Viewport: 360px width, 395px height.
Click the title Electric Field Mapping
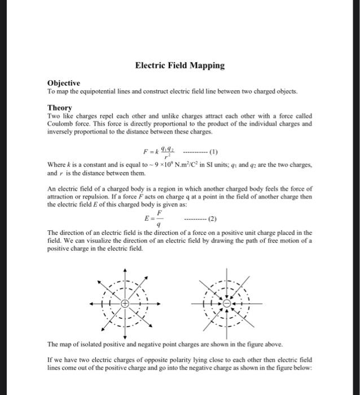179,65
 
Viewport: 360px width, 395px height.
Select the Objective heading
64,82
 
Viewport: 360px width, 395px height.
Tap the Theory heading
59,107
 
